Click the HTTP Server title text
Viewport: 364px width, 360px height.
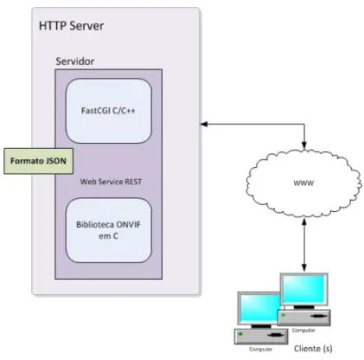(71, 26)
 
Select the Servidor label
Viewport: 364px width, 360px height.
(75, 61)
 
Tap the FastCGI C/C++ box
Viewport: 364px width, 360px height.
(109, 111)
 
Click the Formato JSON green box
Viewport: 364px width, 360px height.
(38, 161)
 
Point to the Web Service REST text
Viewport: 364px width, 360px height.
(111, 182)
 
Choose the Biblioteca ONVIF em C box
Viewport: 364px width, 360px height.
(109, 230)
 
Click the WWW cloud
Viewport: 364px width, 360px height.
(303, 183)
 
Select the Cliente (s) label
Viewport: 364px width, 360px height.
(313, 349)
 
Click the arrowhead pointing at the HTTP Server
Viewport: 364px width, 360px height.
(204, 124)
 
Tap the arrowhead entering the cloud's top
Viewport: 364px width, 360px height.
(304, 145)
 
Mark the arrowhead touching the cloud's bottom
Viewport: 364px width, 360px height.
(304, 222)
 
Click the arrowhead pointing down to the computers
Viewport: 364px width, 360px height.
(304, 267)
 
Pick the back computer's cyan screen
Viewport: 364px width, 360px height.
(304, 288)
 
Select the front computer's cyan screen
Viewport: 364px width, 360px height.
(260, 307)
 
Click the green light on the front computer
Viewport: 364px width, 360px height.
(240, 334)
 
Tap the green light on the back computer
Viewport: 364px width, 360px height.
(284, 315)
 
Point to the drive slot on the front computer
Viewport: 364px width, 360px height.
(275, 335)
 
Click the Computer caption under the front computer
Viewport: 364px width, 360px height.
(260, 350)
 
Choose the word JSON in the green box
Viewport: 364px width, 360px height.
(55, 161)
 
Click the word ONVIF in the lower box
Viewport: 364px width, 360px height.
(128, 224)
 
